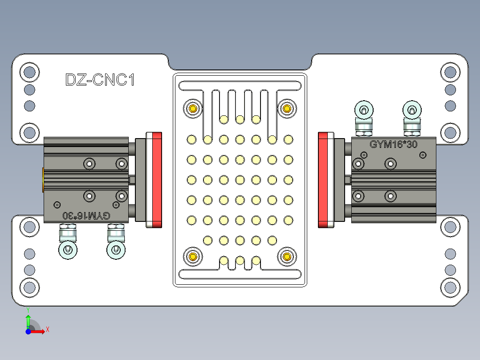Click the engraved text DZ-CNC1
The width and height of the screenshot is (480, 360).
tap(100, 80)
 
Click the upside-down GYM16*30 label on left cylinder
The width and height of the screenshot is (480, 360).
tap(86, 216)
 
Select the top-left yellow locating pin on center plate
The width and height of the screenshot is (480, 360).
tap(193, 109)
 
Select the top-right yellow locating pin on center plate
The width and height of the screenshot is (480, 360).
tap(287, 108)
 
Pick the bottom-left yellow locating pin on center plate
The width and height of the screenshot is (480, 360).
tap(193, 257)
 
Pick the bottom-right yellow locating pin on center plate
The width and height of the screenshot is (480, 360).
tap(287, 257)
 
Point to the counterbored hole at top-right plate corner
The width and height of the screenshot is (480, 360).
tap(450, 72)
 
